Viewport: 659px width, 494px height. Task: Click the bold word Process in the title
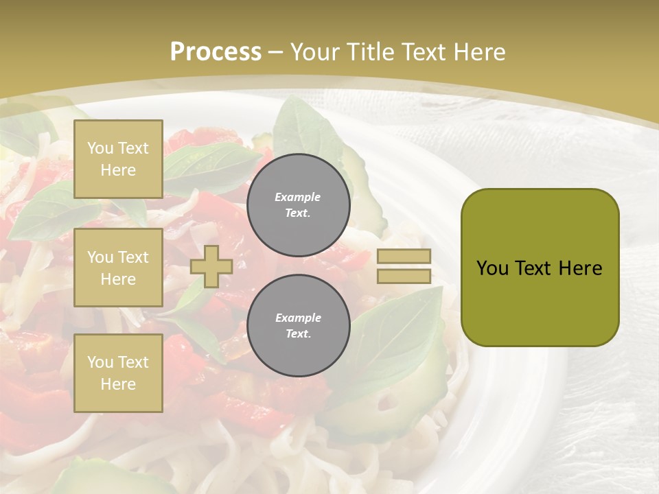point(216,51)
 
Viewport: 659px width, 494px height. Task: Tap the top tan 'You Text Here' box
point(118,159)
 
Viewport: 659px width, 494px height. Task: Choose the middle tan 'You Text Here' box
point(118,268)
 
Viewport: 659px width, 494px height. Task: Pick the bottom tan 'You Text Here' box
point(118,373)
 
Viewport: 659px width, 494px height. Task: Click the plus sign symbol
point(211,266)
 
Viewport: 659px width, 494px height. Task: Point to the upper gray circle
point(298,204)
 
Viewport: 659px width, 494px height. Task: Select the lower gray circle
point(298,326)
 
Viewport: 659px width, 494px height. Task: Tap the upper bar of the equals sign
point(404,257)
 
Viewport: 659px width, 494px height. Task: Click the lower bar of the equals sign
point(404,277)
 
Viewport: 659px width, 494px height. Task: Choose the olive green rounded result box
point(540,268)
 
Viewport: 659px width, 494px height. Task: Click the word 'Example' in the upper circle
point(298,197)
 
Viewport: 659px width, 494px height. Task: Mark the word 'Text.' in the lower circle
point(298,334)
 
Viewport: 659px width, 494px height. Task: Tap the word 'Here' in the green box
point(580,268)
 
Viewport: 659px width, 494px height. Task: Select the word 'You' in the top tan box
point(100,148)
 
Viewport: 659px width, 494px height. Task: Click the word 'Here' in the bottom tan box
point(118,384)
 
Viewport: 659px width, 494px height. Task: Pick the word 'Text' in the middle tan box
point(133,257)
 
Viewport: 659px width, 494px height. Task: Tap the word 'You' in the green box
point(492,268)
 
